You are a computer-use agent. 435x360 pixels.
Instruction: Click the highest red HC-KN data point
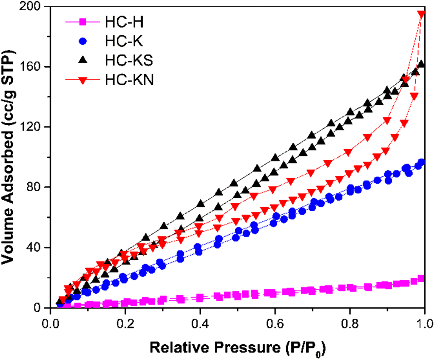pos(421,14)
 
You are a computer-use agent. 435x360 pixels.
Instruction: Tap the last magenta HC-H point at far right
pos(421,279)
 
